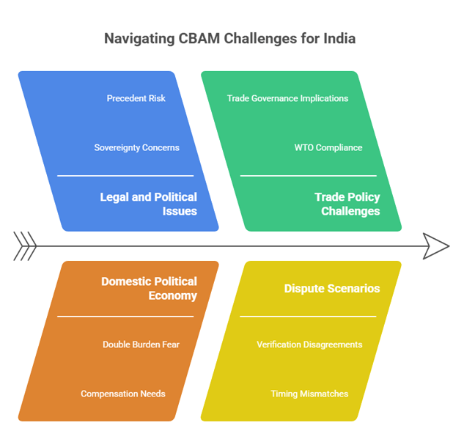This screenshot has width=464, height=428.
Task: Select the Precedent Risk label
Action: [136, 98]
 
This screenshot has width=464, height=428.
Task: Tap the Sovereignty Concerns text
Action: [136, 147]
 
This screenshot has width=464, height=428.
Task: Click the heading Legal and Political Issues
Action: [149, 204]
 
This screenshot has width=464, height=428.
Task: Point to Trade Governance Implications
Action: [287, 98]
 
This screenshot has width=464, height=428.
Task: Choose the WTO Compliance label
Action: [328, 147]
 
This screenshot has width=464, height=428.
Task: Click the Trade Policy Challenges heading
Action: [347, 204]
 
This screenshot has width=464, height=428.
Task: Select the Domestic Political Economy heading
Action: [149, 288]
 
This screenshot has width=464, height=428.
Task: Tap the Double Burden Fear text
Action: [141, 344]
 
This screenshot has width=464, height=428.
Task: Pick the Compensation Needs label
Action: [122, 394]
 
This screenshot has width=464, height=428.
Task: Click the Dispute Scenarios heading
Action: [332, 288]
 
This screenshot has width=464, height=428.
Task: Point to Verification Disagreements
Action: [309, 344]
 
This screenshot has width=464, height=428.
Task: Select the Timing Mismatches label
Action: [309, 394]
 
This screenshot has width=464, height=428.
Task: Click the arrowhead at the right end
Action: [437, 246]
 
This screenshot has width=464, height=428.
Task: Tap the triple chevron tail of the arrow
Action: [25, 246]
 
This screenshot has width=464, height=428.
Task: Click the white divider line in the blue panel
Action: [125, 176]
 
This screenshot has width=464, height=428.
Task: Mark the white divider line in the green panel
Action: [308, 176]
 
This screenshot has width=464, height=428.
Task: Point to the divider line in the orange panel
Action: [125, 317]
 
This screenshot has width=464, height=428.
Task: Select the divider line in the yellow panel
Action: [308, 317]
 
